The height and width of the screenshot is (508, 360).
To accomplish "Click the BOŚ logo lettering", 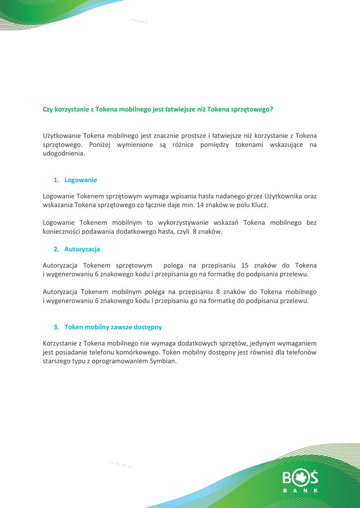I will [300, 477].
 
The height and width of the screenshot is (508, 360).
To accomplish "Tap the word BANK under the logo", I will [300, 491].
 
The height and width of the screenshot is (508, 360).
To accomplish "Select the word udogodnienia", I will [64, 154].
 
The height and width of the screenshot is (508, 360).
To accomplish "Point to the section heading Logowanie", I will [80, 180].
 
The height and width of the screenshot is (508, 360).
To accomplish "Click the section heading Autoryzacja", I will [82, 249].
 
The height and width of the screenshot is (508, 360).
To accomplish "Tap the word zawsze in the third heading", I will [114, 327].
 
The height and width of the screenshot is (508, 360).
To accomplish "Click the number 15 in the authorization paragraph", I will [244, 265].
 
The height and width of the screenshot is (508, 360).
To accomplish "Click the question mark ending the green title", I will [271, 109].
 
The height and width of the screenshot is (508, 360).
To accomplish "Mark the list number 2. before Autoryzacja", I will [56, 249].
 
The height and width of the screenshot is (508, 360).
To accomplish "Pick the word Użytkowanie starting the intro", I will [61, 135].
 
